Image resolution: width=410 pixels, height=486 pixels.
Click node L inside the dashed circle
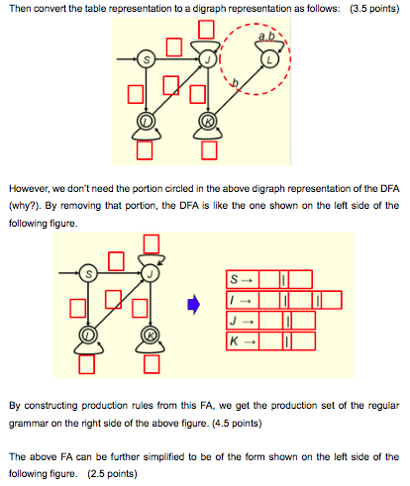click(x=273, y=61)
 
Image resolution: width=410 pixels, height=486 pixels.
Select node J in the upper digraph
click(x=209, y=60)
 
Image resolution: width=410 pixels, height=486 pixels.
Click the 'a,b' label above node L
click(x=264, y=38)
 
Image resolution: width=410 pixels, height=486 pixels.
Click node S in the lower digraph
click(x=90, y=273)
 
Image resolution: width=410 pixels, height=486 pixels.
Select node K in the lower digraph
click(x=151, y=337)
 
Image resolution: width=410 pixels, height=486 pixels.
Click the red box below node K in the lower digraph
click(x=152, y=363)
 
